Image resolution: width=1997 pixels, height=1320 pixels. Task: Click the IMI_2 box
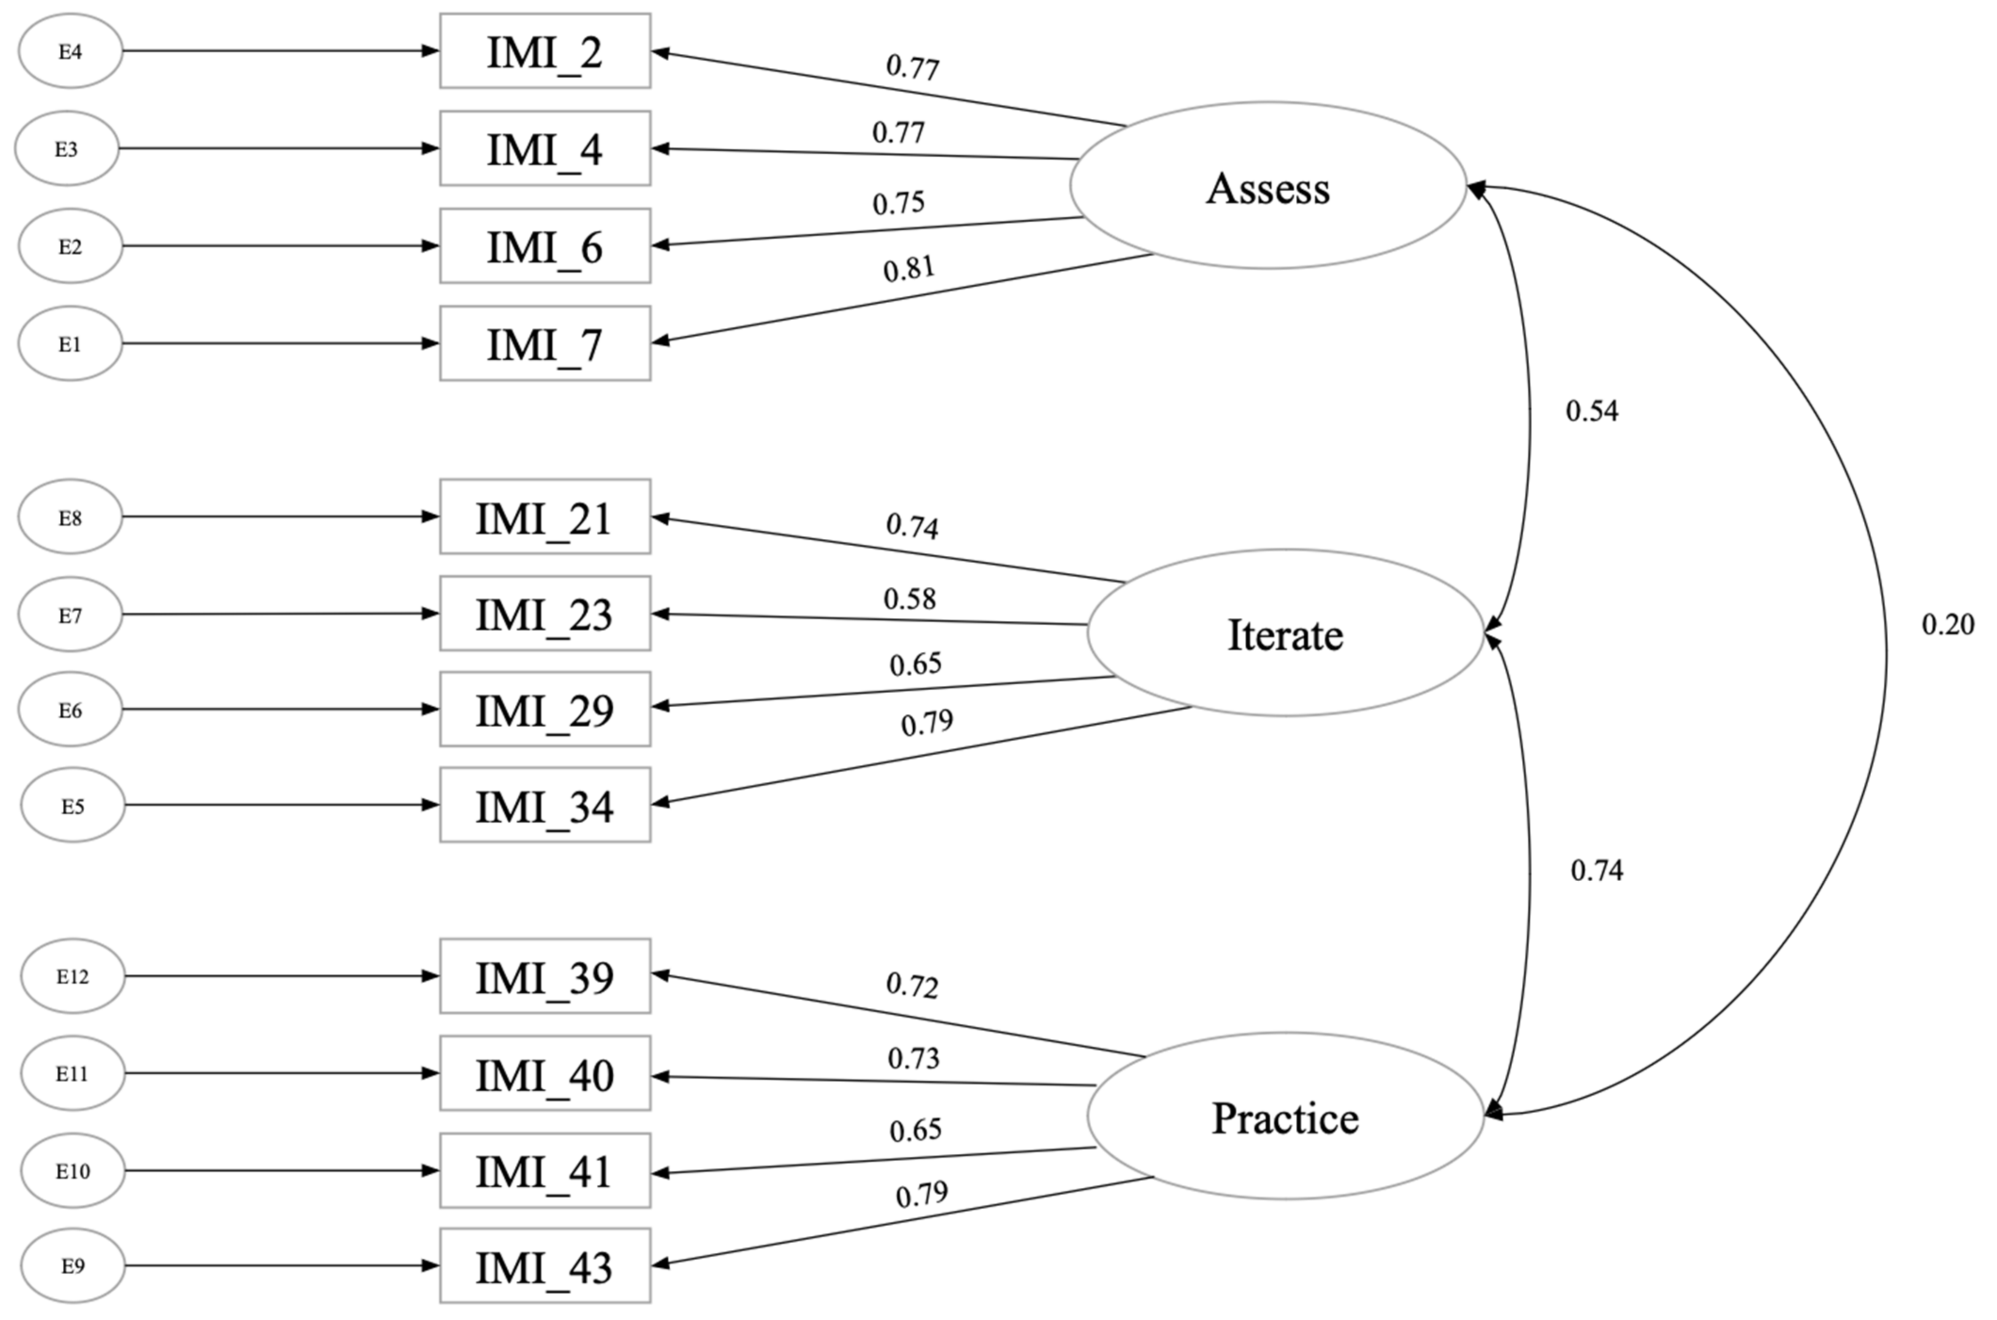(x=545, y=51)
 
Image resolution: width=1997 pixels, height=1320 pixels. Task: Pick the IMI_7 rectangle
(x=545, y=343)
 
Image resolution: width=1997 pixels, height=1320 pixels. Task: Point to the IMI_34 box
(x=545, y=805)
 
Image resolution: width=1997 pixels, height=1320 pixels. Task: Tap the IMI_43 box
(x=545, y=1266)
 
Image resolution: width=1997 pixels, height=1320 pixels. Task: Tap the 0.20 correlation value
(x=1948, y=624)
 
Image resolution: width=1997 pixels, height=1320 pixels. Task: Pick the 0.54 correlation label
(x=1591, y=411)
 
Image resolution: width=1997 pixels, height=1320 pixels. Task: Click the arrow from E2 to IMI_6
(x=280, y=246)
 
